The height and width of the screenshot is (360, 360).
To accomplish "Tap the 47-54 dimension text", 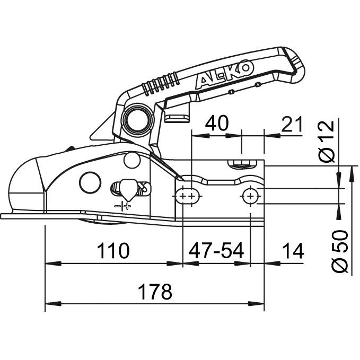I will pyautogui.click(x=215, y=251).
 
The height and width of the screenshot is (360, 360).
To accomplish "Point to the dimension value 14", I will pyautogui.click(x=293, y=251).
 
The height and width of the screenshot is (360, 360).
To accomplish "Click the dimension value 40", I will pyautogui.click(x=217, y=123).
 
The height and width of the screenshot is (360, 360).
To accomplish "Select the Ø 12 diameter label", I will pyautogui.click(x=329, y=141).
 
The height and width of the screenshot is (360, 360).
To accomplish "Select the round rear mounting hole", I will pyautogui.click(x=249, y=196).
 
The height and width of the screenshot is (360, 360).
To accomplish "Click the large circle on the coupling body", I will pyautogui.click(x=90, y=182).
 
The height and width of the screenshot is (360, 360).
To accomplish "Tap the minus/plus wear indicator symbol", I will pyautogui.click(x=123, y=206).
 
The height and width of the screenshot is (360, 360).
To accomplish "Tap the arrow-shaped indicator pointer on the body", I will pyautogui.click(x=127, y=187).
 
